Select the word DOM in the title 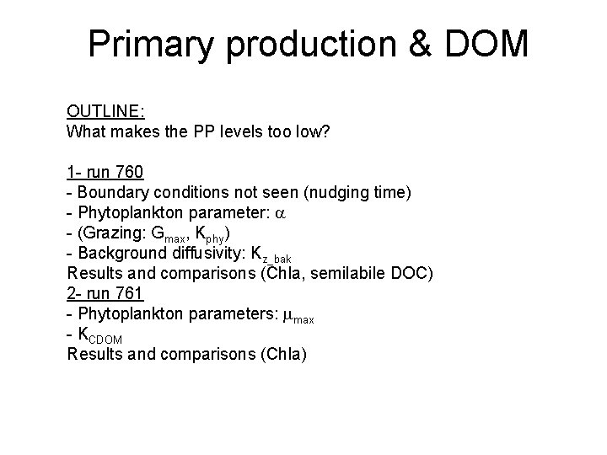click(487, 45)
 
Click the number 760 click(130, 173)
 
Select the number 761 click(130, 294)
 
